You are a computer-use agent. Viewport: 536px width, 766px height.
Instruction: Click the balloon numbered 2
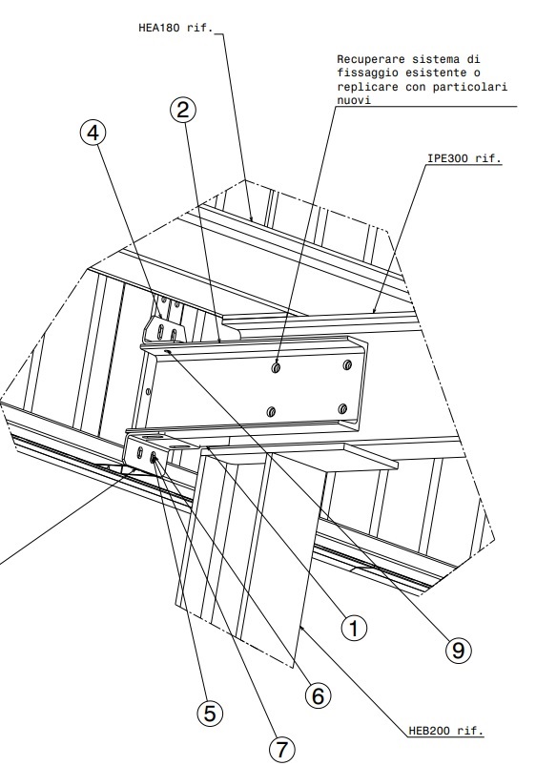(x=183, y=111)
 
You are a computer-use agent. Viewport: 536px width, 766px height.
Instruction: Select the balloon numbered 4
(x=93, y=133)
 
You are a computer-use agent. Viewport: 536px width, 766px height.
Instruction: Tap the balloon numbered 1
(x=354, y=628)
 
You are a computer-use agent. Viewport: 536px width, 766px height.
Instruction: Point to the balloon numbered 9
(x=459, y=651)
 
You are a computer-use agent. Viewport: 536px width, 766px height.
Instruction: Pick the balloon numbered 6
(x=319, y=695)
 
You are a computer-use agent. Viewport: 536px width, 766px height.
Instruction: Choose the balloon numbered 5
(x=210, y=714)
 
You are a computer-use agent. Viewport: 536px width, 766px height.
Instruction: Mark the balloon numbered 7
(x=282, y=749)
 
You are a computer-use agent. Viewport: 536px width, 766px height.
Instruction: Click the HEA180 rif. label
(x=175, y=28)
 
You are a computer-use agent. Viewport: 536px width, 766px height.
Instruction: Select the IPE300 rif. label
(x=464, y=158)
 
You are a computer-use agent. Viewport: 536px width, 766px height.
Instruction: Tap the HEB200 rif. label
(x=445, y=731)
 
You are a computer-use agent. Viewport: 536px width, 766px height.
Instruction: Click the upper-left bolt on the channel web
(x=276, y=367)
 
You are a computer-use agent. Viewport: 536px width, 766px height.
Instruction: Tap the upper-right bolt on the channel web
(x=347, y=364)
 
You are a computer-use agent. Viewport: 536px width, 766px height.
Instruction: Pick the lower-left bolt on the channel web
(x=272, y=412)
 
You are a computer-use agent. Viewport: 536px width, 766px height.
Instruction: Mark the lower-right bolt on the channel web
(x=342, y=408)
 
